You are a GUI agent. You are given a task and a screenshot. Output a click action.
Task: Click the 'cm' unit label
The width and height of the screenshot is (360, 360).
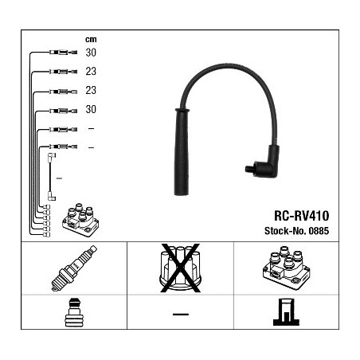point(91,39)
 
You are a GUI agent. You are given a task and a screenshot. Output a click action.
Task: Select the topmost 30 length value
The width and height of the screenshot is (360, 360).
point(91,53)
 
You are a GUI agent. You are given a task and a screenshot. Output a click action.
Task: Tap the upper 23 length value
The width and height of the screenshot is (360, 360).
point(91,71)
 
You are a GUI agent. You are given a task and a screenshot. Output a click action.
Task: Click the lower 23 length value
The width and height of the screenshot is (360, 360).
point(91,90)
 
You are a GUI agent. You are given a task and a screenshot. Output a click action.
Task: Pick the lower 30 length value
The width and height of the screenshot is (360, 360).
point(91,109)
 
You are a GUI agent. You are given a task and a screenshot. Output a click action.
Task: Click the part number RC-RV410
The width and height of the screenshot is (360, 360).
point(302,216)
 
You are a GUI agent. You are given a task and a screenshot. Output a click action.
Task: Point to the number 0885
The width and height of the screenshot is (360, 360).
point(319,231)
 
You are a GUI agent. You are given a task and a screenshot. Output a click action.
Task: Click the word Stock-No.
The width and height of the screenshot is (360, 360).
point(285,231)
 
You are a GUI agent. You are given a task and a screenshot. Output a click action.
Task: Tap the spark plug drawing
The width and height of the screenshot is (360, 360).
point(74,268)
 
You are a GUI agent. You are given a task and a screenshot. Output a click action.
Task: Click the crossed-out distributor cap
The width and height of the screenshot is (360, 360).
point(180,268)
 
